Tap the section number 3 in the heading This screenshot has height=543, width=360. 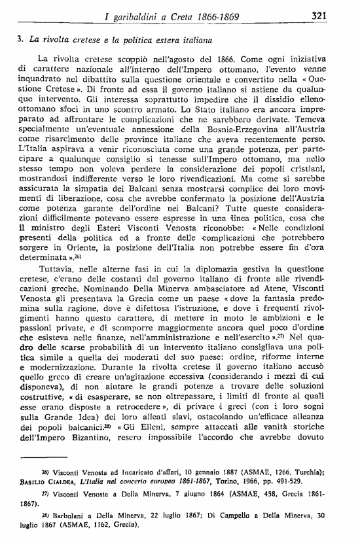[20, 39]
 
